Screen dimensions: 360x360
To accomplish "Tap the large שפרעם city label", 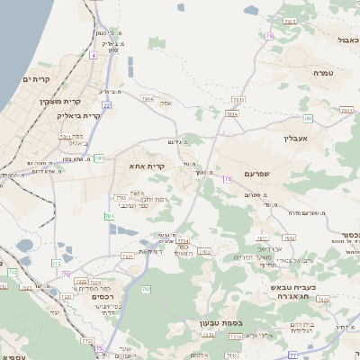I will [x=263, y=173].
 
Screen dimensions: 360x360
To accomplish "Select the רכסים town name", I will [x=103, y=295].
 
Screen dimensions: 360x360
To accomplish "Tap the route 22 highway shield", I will [x=105, y=105].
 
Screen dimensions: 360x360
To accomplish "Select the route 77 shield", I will [x=292, y=355].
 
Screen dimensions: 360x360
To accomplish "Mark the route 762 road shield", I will [x=146, y=288].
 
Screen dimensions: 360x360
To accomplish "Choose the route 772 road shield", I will [x=12, y=271].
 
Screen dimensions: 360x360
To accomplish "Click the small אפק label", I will [x=166, y=103].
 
